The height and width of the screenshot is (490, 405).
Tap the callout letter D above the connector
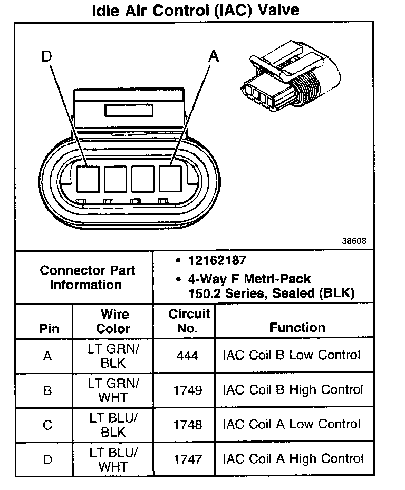[x=47, y=56]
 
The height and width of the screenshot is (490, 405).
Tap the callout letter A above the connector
[x=213, y=56]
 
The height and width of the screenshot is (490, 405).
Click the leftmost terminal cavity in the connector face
[x=88, y=179]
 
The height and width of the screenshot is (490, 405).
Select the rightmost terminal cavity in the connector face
[x=170, y=179]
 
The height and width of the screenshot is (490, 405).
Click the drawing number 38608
[x=354, y=241]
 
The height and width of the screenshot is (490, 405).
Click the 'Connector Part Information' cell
[x=88, y=278]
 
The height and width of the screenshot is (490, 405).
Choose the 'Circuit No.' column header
[x=188, y=321]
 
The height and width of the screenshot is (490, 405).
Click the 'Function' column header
[x=297, y=328]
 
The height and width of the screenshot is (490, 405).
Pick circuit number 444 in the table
[x=188, y=356]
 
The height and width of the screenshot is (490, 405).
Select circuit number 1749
[x=188, y=390]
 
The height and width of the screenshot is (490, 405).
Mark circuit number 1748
[x=188, y=425]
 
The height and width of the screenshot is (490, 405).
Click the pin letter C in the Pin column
[x=47, y=425]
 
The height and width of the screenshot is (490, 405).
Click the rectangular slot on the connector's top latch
[x=129, y=111]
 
